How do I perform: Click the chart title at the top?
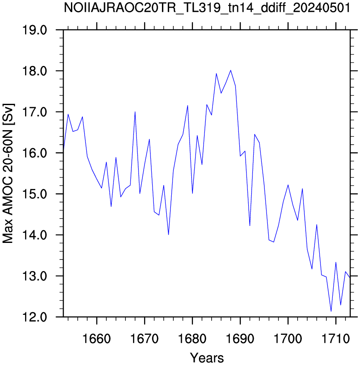(207, 9)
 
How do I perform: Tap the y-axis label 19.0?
(34, 30)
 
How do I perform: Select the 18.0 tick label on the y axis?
(34, 71)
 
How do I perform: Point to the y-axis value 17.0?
(34, 112)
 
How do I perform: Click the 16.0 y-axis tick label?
(34, 153)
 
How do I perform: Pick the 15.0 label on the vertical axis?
(34, 194)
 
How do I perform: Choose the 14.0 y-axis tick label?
(34, 235)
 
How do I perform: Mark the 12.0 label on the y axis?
(34, 317)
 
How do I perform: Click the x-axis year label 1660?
(96, 339)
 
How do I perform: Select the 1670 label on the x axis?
(145, 339)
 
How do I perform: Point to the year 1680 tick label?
(192, 339)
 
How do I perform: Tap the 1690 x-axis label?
(240, 339)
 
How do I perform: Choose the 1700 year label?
(288, 339)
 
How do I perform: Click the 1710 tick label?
(336, 339)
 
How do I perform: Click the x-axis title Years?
(207, 358)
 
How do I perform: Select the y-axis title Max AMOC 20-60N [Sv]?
(8, 174)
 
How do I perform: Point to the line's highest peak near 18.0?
(230, 70)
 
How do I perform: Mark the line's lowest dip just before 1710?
(331, 311)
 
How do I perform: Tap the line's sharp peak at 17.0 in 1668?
(135, 112)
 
